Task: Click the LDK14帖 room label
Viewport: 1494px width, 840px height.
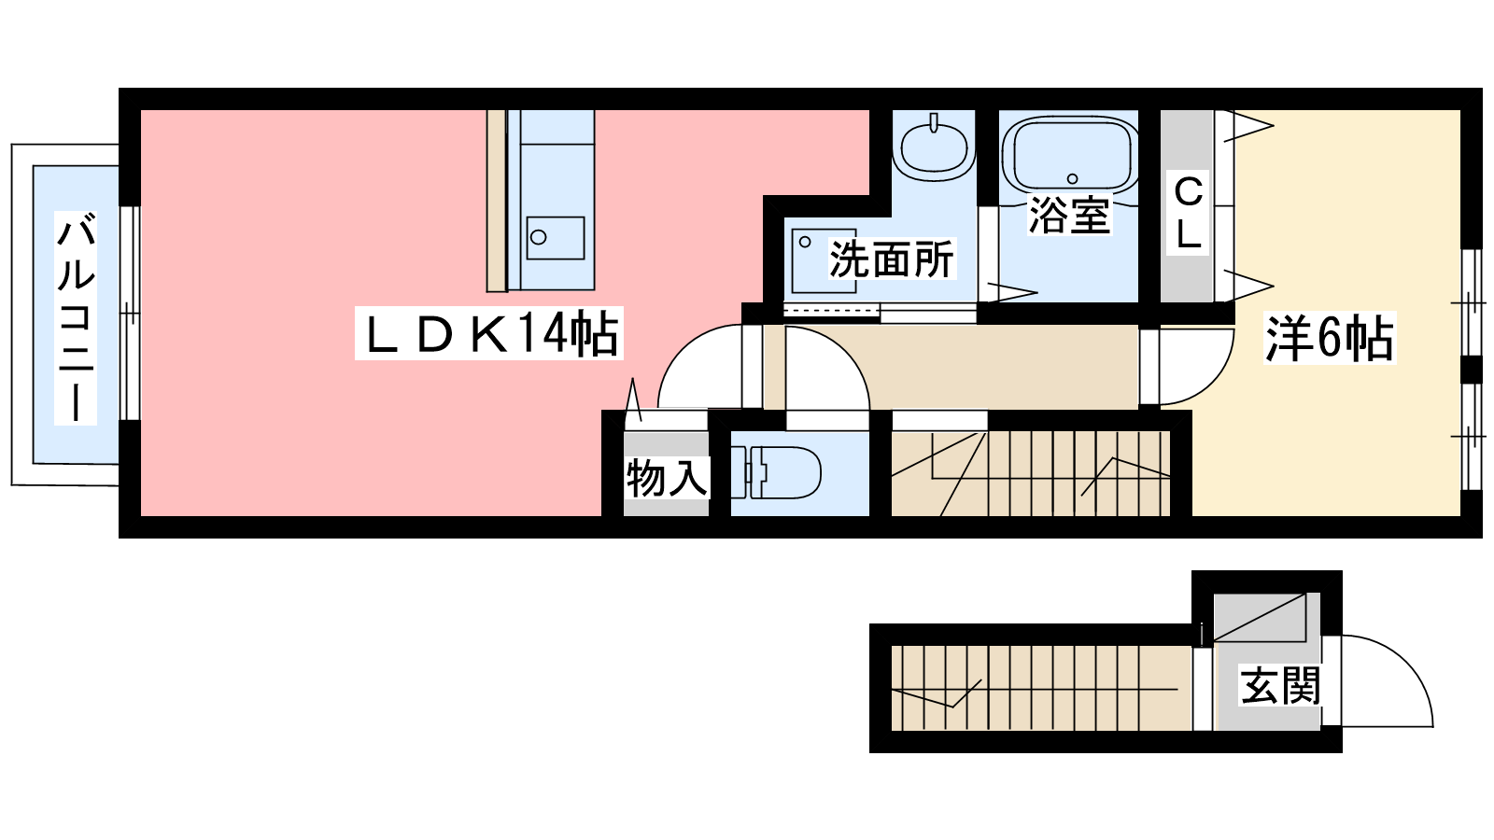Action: click(x=489, y=333)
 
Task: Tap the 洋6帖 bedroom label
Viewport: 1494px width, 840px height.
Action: click(x=1330, y=338)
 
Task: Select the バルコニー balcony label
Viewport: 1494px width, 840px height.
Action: click(x=76, y=318)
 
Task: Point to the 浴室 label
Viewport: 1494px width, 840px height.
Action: click(x=1069, y=215)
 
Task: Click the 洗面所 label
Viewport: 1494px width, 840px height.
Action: click(x=892, y=259)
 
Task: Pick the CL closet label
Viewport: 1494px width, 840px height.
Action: click(x=1188, y=213)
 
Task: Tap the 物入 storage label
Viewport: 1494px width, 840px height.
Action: click(x=666, y=477)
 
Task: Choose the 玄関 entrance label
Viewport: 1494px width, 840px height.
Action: click(x=1280, y=685)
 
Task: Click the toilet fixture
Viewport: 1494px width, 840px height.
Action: click(x=776, y=472)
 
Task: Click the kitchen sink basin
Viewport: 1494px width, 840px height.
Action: click(x=556, y=237)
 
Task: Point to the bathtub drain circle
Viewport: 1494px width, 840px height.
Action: click(x=1073, y=178)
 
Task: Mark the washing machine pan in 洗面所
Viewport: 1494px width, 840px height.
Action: click(x=824, y=260)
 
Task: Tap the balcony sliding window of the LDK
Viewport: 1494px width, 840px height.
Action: click(x=130, y=314)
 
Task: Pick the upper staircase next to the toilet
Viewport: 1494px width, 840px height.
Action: click(x=1031, y=473)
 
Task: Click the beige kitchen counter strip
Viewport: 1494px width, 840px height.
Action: click(x=496, y=201)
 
